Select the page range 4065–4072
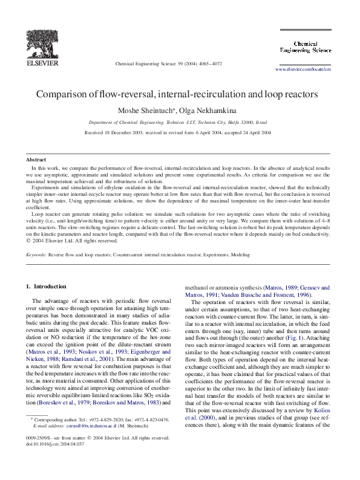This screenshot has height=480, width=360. coord(209,63)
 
